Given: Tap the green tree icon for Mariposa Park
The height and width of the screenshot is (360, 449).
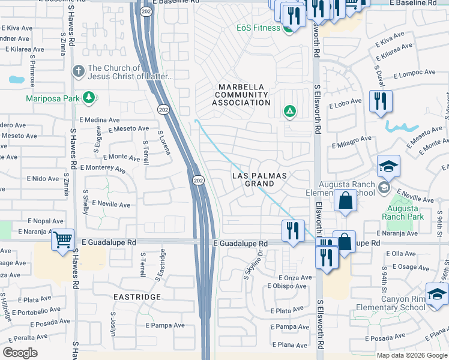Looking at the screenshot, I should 89,97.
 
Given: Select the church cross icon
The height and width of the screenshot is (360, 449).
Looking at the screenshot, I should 78,72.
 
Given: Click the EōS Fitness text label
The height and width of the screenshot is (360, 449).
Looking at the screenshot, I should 258,28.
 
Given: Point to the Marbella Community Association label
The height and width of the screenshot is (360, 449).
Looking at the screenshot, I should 243,94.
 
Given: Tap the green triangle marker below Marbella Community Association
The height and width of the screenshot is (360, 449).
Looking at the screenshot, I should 289,111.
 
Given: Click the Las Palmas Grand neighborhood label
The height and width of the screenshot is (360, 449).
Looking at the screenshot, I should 260,179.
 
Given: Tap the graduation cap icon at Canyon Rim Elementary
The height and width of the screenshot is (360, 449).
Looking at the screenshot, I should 437,295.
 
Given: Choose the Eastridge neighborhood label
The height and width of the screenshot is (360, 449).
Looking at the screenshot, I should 137,297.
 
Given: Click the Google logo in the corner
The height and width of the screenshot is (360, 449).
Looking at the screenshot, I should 20,353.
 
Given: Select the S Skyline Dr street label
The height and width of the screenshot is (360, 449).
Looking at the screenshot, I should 254,266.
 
